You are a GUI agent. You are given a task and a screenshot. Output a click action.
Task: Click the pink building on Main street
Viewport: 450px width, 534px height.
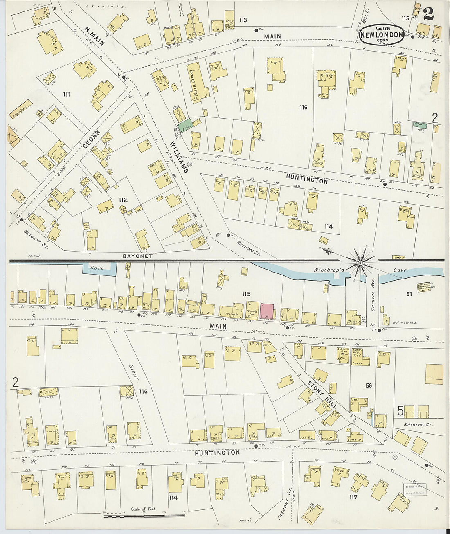[267, 311]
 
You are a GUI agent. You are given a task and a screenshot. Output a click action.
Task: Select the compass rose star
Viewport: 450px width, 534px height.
[360, 262]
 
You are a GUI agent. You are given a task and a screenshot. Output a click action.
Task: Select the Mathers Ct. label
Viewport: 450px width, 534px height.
[418, 425]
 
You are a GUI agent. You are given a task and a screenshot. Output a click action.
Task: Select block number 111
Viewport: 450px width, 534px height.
[66, 94]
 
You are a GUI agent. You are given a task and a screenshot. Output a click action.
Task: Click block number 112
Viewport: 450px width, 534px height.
[123, 200]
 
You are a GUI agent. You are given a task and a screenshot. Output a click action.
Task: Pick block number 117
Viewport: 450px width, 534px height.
[353, 497]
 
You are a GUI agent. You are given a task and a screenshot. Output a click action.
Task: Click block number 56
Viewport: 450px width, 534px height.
[369, 385]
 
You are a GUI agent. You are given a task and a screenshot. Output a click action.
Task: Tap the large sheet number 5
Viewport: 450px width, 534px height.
[400, 410]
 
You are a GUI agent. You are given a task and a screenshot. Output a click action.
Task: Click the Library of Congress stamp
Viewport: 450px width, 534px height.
[415, 489]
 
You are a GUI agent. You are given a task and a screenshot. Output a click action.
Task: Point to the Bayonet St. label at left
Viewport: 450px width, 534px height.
[31, 237]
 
